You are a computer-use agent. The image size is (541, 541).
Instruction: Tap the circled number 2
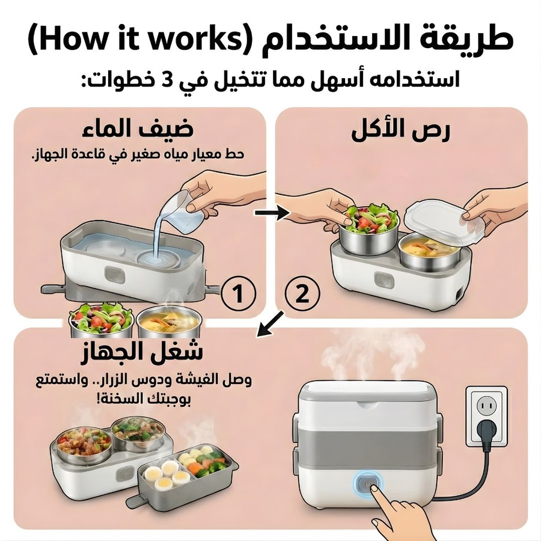[x=302, y=295]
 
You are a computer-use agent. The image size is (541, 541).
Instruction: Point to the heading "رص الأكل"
[x=401, y=131]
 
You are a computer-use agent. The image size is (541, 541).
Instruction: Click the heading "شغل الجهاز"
[x=142, y=352]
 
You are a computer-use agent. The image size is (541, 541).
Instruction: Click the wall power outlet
[x=486, y=417]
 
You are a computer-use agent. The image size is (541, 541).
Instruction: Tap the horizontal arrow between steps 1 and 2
[x=272, y=213]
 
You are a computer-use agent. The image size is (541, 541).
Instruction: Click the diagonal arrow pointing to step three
[x=271, y=323]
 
